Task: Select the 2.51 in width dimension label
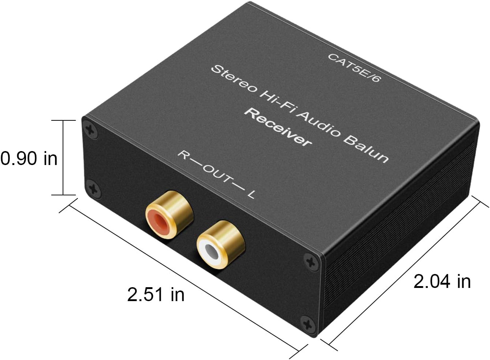point(156,294)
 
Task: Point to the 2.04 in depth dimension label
point(442,281)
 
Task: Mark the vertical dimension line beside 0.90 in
point(63,157)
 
